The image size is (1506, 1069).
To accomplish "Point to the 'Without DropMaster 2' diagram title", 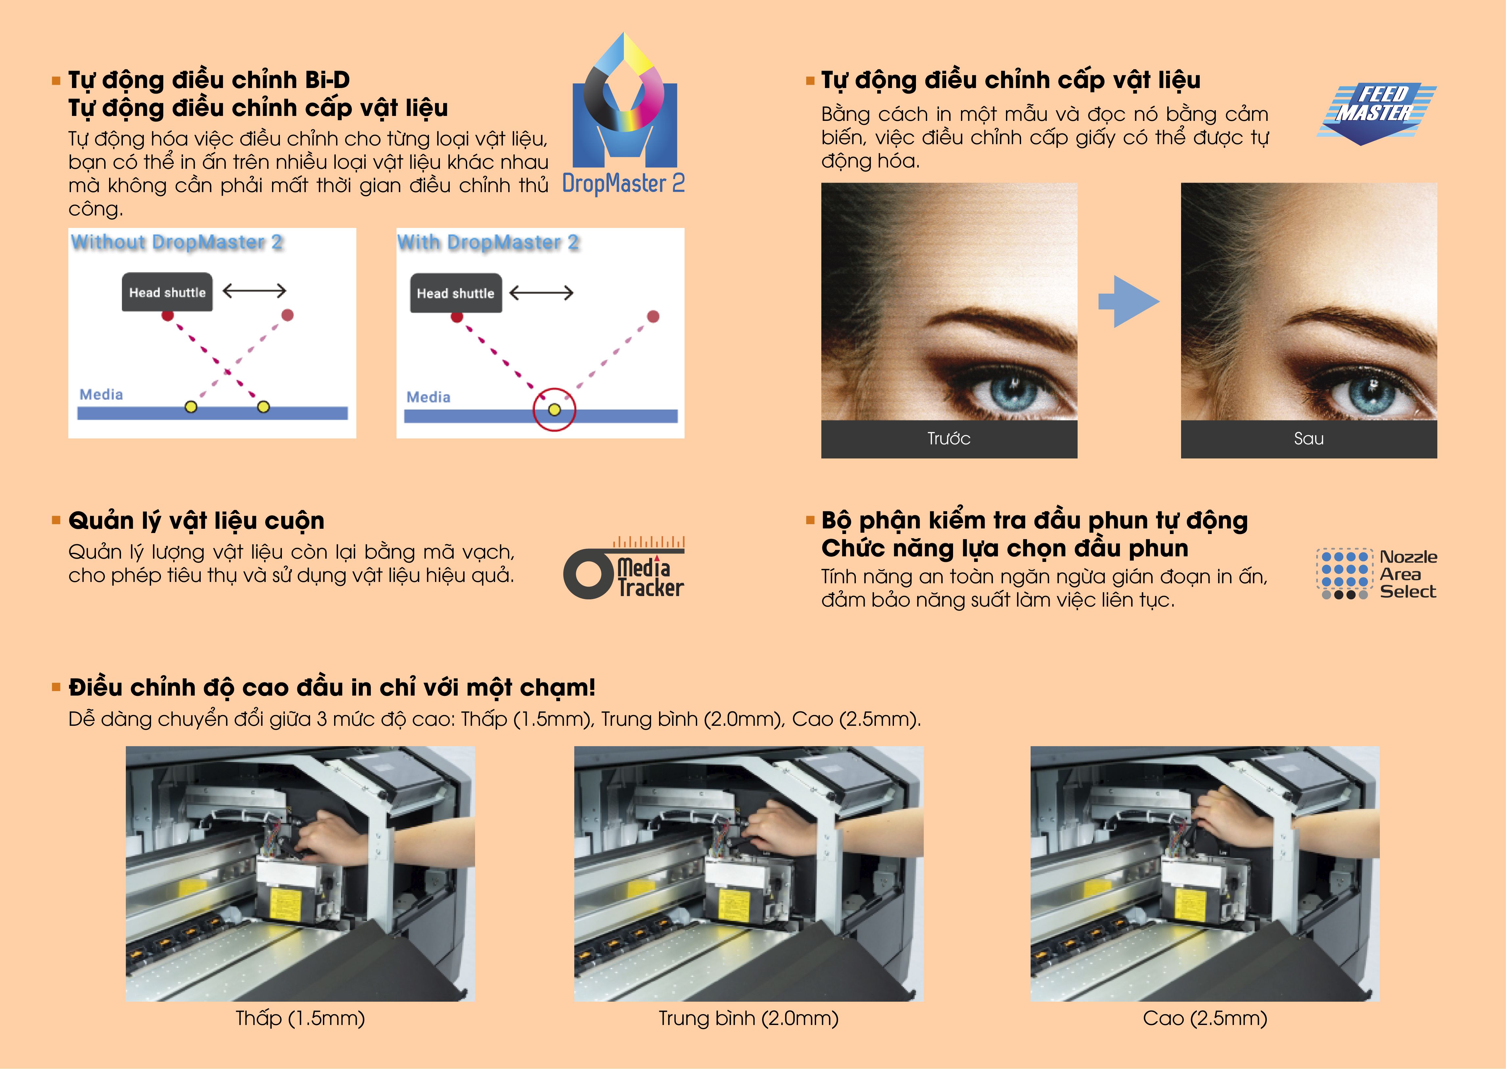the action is point(177,242).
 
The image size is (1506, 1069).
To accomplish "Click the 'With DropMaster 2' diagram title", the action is point(488,242).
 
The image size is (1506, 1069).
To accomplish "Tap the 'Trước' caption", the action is point(949,438).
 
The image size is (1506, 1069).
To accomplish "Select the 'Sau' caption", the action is point(1309,438).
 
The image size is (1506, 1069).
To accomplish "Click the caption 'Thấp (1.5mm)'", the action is point(300,1018).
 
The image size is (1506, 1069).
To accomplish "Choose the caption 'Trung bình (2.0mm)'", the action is point(749,1018).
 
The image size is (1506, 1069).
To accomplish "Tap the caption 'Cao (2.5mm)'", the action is point(1205,1018).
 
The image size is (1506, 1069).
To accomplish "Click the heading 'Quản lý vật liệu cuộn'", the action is point(196,521).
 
